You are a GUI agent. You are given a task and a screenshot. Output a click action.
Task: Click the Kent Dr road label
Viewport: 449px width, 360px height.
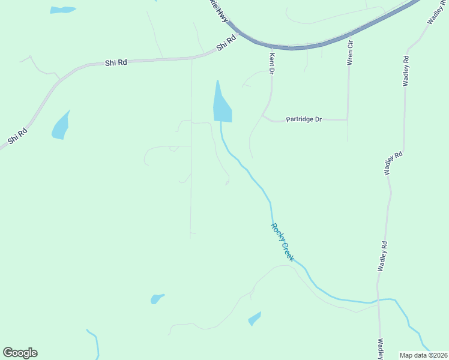click(272, 63)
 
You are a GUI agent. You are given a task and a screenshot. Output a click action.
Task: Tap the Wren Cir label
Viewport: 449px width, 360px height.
click(349, 52)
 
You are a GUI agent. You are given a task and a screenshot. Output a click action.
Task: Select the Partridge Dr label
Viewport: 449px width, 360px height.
click(304, 119)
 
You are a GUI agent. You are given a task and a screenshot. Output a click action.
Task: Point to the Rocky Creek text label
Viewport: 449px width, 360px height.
click(282, 242)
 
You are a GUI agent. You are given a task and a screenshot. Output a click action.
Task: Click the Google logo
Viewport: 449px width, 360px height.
click(20, 353)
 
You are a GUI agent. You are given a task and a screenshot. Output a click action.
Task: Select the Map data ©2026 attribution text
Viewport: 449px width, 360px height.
click(423, 355)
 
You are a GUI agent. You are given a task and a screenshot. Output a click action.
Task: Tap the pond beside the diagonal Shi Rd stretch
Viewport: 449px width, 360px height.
click(61, 127)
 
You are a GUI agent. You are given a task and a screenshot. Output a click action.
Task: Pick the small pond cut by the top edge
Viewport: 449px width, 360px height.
click(62, 10)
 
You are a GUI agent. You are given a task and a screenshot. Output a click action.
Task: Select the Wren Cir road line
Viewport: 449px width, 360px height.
click(348, 90)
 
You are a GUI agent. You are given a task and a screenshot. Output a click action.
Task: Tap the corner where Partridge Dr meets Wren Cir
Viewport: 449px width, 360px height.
click(348, 119)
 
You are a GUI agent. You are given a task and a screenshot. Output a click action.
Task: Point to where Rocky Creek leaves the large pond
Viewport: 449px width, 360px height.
click(221, 122)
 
